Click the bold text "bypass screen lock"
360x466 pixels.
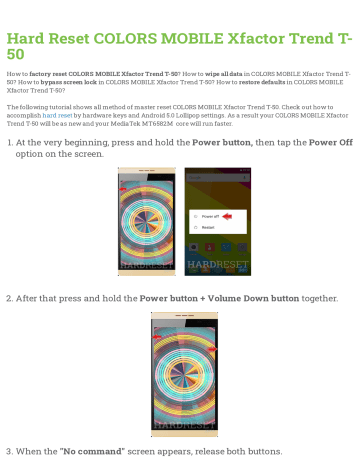point(63,82)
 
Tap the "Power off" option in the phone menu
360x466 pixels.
point(212,215)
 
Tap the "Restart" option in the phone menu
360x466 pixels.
point(209,227)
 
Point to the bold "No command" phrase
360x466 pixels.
point(92,452)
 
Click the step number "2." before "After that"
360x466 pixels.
point(10,298)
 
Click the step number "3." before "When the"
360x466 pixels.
point(10,452)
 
